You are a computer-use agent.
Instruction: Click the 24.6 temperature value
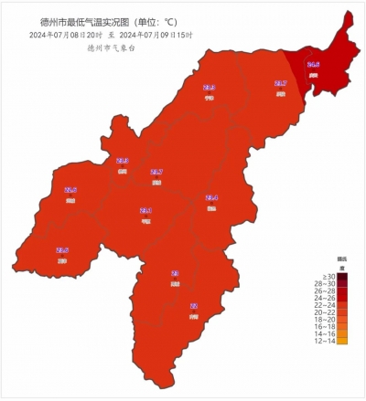pyautogui.click(x=313, y=65)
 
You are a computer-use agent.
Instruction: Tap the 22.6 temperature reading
pyautogui.click(x=70, y=190)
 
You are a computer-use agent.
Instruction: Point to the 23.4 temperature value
pyautogui.click(x=211, y=197)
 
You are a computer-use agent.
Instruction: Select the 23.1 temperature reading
pyautogui.click(x=146, y=210)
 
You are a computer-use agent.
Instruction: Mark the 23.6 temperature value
pyautogui.click(x=62, y=250)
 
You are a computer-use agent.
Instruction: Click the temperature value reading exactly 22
pyautogui.click(x=194, y=306)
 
